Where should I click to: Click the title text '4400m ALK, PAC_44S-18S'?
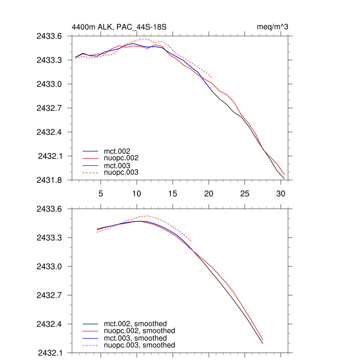click(x=119, y=27)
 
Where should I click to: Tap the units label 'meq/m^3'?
click(x=273, y=27)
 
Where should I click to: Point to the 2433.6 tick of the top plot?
click(x=50, y=36)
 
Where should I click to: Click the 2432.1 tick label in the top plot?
click(x=50, y=156)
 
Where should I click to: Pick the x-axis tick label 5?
click(x=101, y=194)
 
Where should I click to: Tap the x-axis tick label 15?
click(x=173, y=194)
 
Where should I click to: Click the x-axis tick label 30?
click(x=280, y=194)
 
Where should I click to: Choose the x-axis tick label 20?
click(x=208, y=194)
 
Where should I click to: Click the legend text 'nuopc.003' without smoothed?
click(x=121, y=172)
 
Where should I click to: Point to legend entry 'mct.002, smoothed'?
click(x=135, y=324)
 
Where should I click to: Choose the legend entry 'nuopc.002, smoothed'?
click(x=139, y=331)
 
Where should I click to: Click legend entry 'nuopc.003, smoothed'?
click(x=139, y=345)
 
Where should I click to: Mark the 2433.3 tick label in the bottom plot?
click(x=50, y=238)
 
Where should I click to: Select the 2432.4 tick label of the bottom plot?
click(x=50, y=324)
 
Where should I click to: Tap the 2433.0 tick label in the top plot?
click(x=50, y=84)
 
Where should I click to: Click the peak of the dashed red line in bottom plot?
click(x=147, y=216)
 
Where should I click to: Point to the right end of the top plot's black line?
click(x=284, y=179)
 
